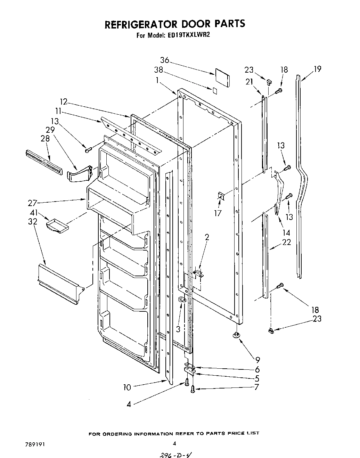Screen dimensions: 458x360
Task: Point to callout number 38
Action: [158, 70]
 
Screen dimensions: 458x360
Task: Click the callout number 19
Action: [317, 69]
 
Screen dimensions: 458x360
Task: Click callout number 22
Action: [286, 242]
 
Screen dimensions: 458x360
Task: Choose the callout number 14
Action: [286, 232]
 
